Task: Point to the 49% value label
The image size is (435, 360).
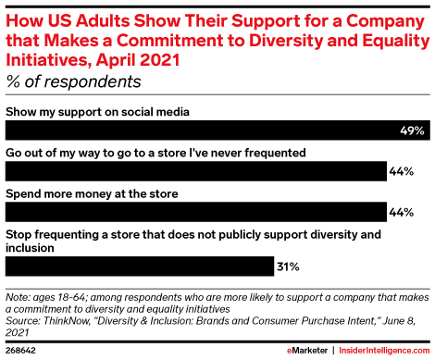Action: click(x=413, y=131)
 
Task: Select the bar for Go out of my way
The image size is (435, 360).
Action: click(x=195, y=171)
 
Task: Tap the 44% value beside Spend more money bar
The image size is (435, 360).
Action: click(x=401, y=212)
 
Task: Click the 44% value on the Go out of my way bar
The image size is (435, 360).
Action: click(x=401, y=171)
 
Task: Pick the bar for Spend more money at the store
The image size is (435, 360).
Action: click(x=195, y=212)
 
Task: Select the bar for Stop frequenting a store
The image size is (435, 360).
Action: click(x=139, y=267)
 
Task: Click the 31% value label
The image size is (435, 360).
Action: click(x=287, y=267)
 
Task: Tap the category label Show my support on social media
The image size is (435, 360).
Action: click(x=98, y=112)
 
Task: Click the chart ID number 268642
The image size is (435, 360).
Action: click(x=20, y=352)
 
